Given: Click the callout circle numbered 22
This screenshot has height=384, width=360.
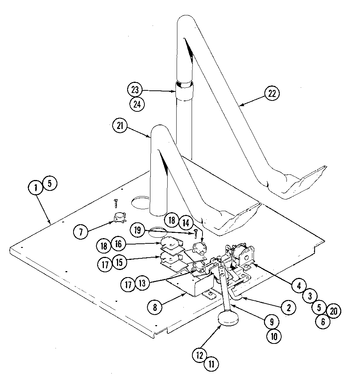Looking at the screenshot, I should click(272, 93).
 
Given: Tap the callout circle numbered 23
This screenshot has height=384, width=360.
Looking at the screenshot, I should click(135, 90).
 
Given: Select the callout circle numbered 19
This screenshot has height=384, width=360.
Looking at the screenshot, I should click(138, 229).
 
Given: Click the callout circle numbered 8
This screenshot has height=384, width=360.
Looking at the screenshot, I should click(155, 306).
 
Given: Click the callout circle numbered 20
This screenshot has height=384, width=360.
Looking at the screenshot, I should click(333, 310).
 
